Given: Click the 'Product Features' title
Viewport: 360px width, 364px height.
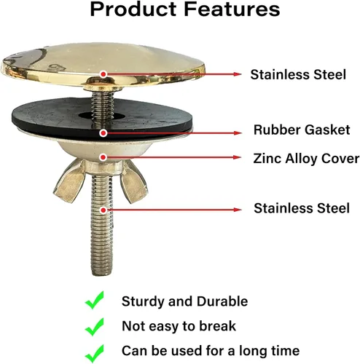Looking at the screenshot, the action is pos(185,9).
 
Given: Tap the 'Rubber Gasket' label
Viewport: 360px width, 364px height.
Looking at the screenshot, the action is pos(302,130).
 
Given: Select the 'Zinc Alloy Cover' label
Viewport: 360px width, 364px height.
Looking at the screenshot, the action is pos(306,159).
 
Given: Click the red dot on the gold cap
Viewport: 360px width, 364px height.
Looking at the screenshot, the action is pos(103,74).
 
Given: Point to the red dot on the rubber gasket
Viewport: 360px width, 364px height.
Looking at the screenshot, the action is pos(103,133).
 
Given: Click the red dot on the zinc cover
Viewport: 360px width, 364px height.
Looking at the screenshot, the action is pos(103,157).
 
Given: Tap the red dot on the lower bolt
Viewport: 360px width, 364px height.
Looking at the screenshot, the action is pos(103,210).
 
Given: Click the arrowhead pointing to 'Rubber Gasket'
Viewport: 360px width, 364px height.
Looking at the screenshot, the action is pos(238,133).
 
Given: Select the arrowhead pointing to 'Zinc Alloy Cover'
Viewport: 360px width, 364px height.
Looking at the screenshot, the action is pos(238,157).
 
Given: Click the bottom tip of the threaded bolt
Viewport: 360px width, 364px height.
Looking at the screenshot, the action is pos(102,274).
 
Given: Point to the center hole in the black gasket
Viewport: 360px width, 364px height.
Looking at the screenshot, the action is pos(101,116).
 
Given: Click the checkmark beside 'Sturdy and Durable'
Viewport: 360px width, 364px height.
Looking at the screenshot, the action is pos(95,300).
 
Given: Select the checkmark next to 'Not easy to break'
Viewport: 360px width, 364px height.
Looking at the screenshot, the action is pos(95,327).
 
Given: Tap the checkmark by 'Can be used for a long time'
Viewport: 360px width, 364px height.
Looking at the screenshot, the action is pos(95,353).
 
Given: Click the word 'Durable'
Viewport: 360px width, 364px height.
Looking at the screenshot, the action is pos(222,301).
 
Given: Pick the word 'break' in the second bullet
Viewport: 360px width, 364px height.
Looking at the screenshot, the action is pos(217,326).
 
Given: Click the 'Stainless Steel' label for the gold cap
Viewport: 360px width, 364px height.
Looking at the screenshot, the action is pos(298,74).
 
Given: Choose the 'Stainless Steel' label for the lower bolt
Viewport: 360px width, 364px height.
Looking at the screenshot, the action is pos(302,208).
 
